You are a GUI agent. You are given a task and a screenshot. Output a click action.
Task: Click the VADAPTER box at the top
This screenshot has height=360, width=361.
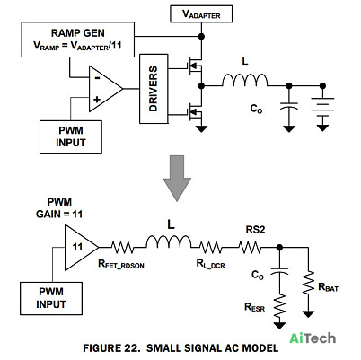point(201,13)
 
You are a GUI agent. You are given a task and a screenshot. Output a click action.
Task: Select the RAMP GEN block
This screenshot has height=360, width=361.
point(78,40)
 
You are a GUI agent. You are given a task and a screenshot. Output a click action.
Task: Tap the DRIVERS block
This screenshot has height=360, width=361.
point(154,89)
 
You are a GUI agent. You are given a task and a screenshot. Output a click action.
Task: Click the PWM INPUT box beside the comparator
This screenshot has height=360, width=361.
point(71,136)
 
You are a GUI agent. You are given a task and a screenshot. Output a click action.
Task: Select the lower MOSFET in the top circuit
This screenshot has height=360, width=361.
point(195,112)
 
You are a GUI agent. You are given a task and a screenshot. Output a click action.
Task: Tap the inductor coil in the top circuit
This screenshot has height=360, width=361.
point(245,80)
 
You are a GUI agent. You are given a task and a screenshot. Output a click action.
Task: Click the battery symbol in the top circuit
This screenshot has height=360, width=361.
point(322,107)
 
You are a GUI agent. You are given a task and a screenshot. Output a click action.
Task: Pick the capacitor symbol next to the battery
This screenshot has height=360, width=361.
point(289,106)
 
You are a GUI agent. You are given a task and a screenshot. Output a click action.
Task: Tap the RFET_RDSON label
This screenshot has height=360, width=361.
point(121,264)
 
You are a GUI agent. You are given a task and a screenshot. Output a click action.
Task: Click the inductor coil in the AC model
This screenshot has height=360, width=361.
point(169,241)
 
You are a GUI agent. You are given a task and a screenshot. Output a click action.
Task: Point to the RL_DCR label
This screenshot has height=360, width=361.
point(211,264)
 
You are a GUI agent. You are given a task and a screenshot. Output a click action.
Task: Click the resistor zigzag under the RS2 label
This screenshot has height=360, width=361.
point(251,248)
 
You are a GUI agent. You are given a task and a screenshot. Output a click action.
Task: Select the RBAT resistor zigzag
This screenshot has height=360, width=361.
point(308,282)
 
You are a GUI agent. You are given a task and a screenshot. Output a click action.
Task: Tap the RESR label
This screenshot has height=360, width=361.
point(255,307)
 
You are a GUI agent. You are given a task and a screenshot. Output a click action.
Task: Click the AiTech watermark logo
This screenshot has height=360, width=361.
point(313,338)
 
